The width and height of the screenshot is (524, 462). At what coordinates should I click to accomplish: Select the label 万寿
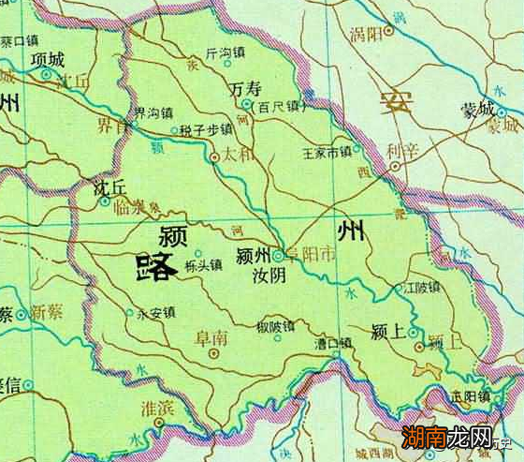click(245, 88)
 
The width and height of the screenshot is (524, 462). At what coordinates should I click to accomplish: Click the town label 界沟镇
click(153, 112)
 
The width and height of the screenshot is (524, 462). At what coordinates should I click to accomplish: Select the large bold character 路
click(154, 267)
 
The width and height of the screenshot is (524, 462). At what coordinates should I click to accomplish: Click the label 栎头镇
click(203, 265)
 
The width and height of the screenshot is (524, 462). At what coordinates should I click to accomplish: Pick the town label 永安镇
click(155, 313)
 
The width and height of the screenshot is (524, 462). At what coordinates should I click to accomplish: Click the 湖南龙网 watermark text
click(460, 438)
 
